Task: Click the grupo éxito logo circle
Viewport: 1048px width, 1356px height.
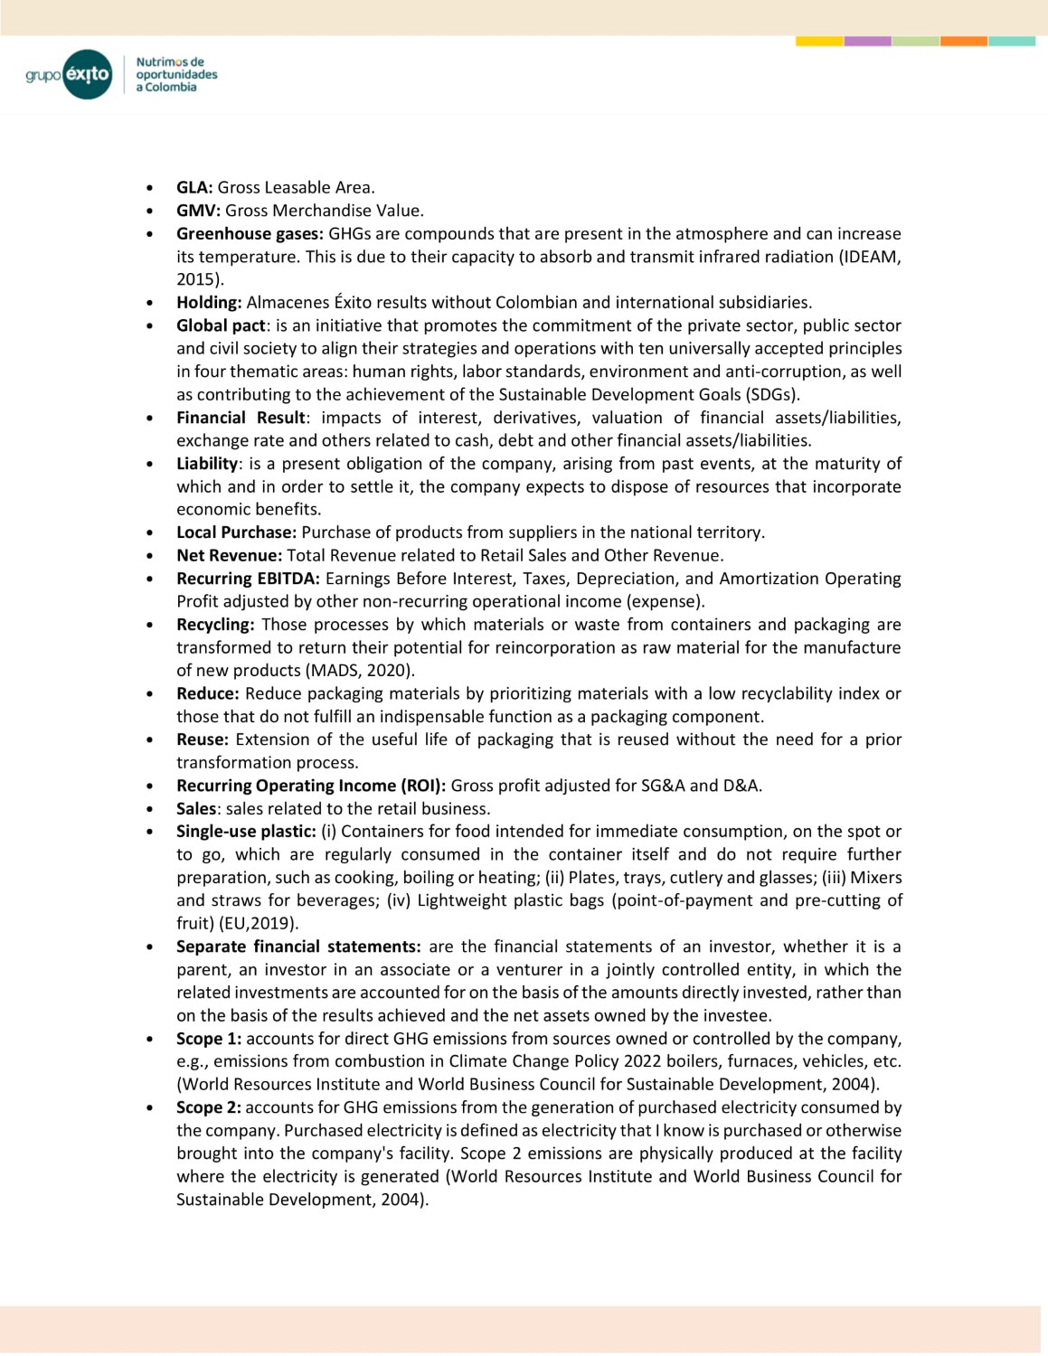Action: click(x=88, y=74)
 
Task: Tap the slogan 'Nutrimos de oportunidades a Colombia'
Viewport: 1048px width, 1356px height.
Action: click(x=176, y=74)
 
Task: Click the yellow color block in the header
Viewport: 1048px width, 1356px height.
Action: click(x=819, y=41)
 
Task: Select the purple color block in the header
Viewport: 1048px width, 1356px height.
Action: click(x=867, y=41)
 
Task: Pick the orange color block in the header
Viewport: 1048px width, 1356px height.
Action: click(x=963, y=41)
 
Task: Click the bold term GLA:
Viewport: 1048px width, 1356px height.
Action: click(x=194, y=187)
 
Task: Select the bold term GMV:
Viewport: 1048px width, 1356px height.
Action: click(x=198, y=211)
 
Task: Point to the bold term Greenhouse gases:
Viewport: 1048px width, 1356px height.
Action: click(x=250, y=233)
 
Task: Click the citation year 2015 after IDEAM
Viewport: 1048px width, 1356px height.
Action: click(x=197, y=279)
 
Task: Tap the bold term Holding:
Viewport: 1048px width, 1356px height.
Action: click(x=209, y=302)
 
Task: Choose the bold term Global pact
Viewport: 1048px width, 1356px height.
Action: click(x=221, y=325)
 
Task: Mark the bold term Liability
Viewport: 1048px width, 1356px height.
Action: click(x=207, y=464)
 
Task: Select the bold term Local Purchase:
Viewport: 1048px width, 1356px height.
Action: click(x=236, y=532)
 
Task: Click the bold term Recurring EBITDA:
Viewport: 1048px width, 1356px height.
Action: click(x=248, y=579)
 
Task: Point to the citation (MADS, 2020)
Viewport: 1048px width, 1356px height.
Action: click(x=361, y=671)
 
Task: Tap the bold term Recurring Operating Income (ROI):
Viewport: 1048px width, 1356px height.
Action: click(x=311, y=786)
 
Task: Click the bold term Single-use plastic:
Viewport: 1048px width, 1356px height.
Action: click(x=246, y=832)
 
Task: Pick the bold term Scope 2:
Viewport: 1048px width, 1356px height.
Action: click(x=209, y=1107)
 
